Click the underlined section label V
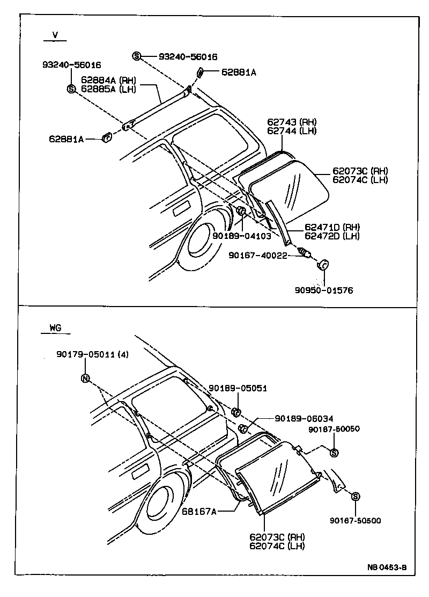[55, 35]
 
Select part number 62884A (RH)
[108, 80]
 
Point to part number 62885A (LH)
[108, 89]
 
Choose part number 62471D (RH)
[332, 227]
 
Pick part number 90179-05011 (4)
[92, 354]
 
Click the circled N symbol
[85, 378]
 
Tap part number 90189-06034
[304, 419]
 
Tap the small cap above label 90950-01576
[324, 265]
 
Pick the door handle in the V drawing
[182, 208]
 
